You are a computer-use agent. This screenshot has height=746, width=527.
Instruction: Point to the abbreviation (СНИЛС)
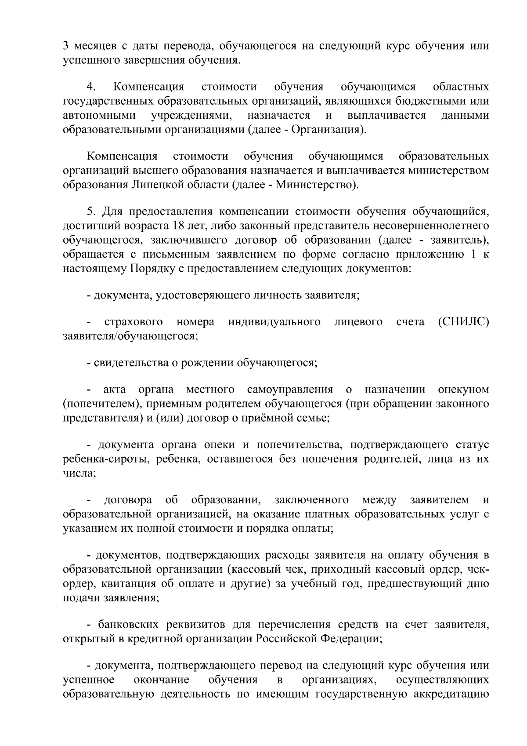(x=463, y=322)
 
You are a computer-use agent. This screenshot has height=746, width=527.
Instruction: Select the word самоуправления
(x=290, y=389)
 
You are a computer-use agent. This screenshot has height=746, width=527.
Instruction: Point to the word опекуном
(x=463, y=389)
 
